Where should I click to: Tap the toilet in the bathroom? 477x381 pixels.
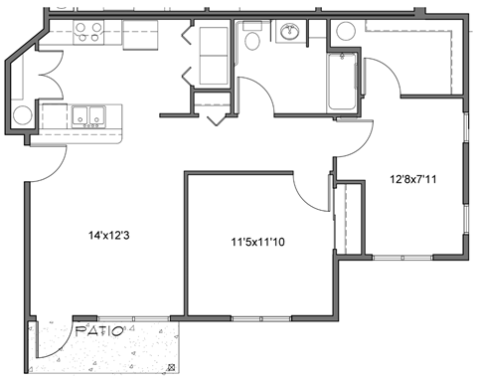click(252, 40)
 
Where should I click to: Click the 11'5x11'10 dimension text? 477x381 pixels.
click(256, 241)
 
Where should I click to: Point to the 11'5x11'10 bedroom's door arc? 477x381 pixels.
click(310, 192)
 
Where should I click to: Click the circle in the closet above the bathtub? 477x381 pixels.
click(345, 31)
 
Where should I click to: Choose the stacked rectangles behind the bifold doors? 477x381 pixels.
click(211, 55)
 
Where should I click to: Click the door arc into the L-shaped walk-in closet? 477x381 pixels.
click(378, 80)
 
